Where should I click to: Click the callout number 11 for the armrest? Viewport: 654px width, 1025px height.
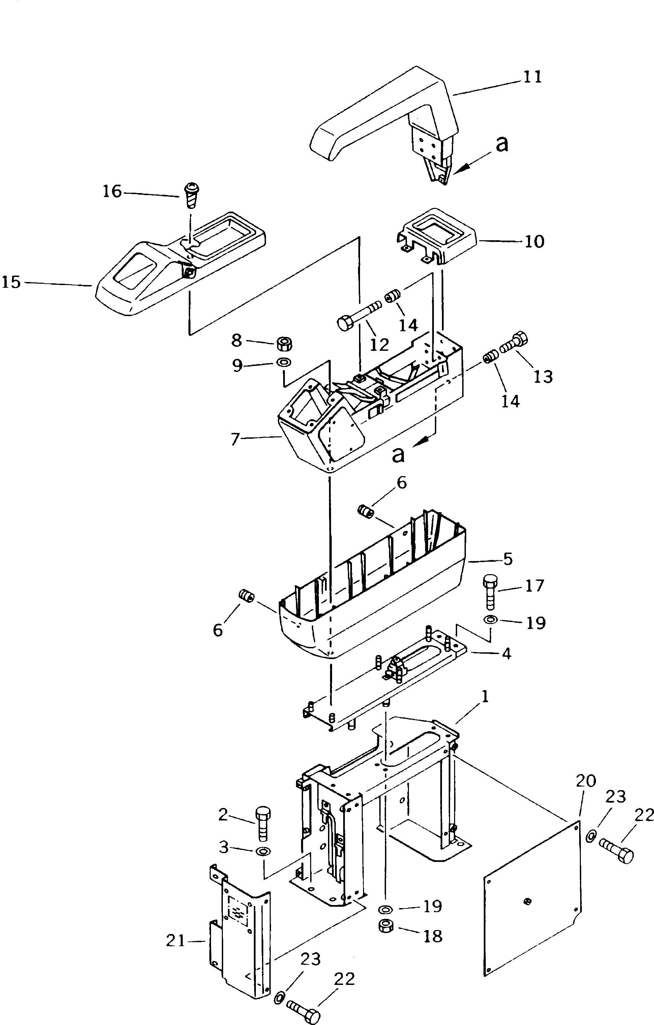pos(532,77)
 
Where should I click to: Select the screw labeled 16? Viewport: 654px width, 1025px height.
pos(192,195)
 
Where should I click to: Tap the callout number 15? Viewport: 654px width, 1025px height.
pos(11,282)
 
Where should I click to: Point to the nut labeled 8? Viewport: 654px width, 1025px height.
pos(284,343)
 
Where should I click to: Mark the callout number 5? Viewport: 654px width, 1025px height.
pos(508,559)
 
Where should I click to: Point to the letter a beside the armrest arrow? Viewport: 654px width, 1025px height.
pos(502,144)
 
